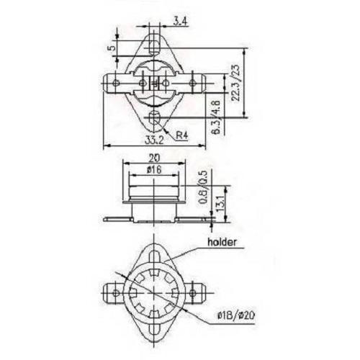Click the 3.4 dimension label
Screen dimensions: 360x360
[x=181, y=22]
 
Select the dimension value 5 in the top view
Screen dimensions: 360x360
[x=112, y=48]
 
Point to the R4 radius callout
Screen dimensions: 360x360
[x=182, y=135]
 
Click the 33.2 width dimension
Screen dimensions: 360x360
[x=154, y=140]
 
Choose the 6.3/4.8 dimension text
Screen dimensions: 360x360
[x=216, y=117]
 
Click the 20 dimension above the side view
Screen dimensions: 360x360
[x=154, y=158]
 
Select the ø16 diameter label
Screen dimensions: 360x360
[x=154, y=170]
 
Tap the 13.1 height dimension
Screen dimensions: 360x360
[x=220, y=203]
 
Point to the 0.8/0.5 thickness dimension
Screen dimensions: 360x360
[x=204, y=187]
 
